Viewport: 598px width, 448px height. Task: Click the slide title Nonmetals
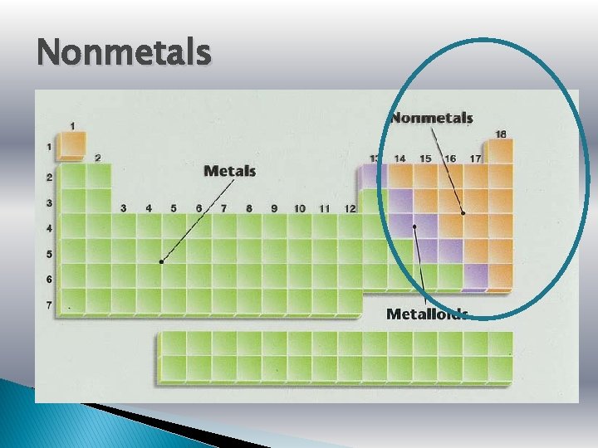[x=124, y=53]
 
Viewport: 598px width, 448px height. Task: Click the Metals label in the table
[x=229, y=171]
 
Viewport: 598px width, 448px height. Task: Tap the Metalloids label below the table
[x=427, y=314]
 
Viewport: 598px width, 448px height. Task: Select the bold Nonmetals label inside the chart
[x=432, y=118]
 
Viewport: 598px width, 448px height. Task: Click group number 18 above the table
[x=501, y=134]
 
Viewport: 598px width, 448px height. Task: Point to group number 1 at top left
[x=72, y=126]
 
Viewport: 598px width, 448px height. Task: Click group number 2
[x=98, y=158]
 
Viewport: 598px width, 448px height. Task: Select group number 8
[x=248, y=208]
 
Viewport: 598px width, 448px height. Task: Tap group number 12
[x=350, y=208]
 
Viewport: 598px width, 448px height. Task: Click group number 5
[x=174, y=208]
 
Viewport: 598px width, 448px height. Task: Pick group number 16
[x=450, y=158]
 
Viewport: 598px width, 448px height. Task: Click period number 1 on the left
[x=49, y=148]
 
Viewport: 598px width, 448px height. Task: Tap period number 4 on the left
[x=49, y=227]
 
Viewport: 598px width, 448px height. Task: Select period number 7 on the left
[x=49, y=304]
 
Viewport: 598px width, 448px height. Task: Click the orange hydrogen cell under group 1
[x=72, y=147]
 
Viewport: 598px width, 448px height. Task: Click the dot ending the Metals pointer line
[x=161, y=261]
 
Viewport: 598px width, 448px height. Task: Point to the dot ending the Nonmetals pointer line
[x=463, y=213]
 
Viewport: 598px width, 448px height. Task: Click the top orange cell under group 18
[x=501, y=152]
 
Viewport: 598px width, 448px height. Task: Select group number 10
[x=299, y=208]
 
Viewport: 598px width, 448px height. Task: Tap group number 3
[x=123, y=208]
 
